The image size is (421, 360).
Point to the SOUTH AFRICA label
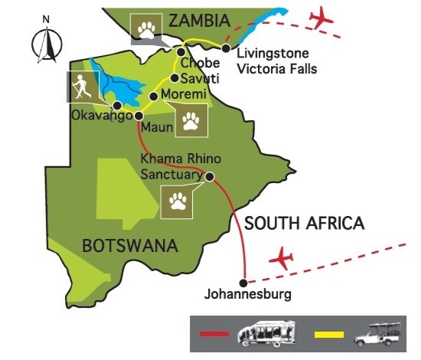tap(303, 224)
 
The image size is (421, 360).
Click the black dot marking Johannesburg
tap(243, 280)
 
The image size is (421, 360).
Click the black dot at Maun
tap(139, 116)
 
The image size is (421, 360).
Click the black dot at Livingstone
tap(226, 48)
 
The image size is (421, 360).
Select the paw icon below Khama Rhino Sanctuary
tap(179, 201)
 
